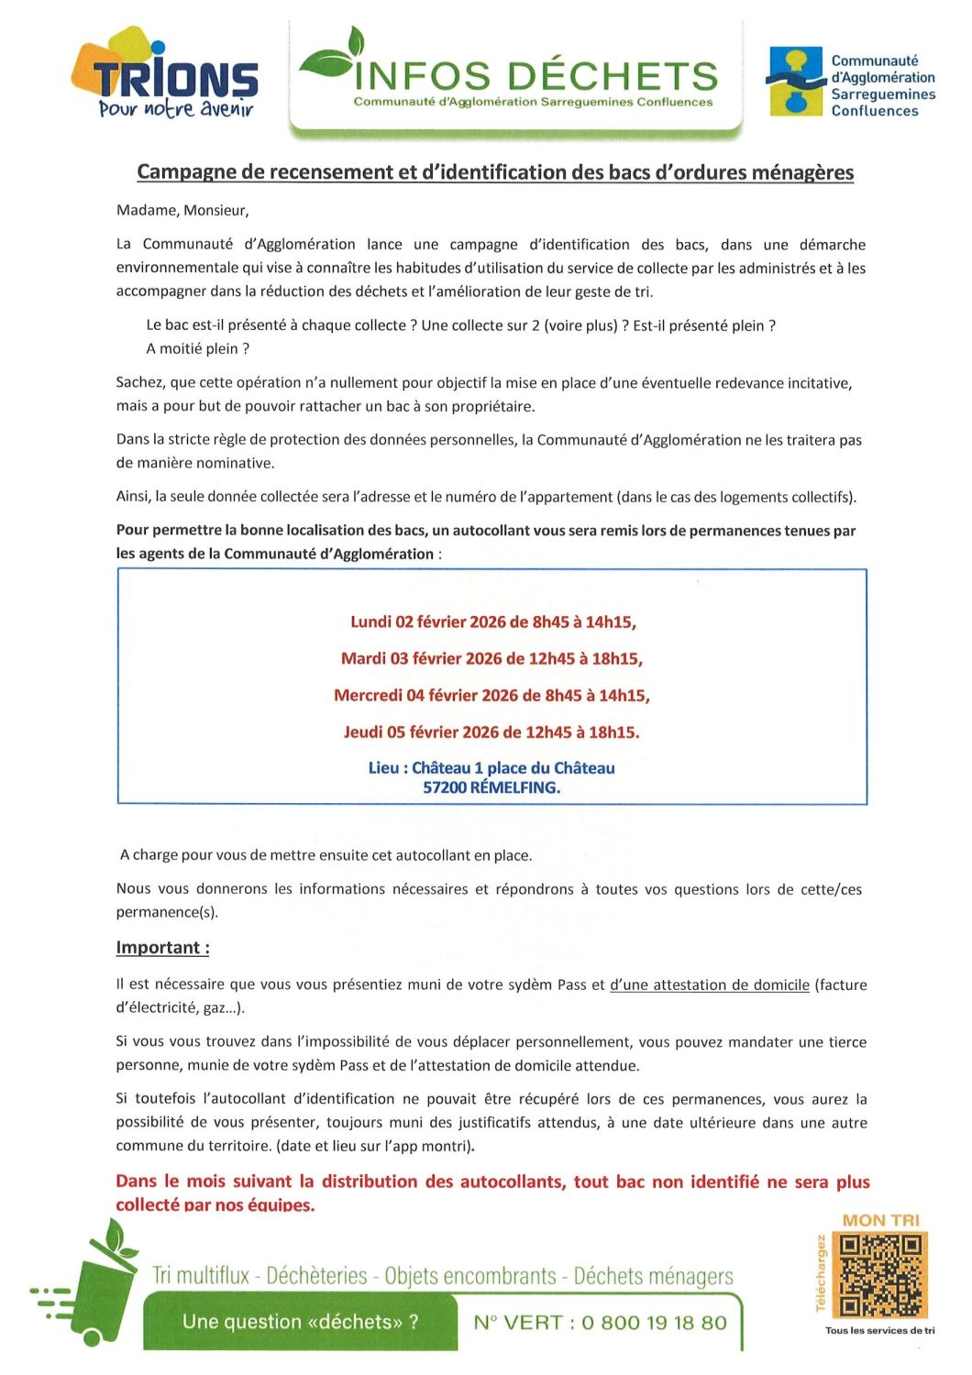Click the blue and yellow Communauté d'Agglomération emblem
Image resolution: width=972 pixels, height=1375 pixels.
click(795, 82)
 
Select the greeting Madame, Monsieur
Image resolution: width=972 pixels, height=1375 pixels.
click(182, 211)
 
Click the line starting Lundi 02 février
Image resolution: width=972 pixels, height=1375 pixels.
click(492, 622)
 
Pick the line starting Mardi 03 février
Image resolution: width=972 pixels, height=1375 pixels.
click(492, 659)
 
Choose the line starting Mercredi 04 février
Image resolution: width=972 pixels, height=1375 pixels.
click(492, 696)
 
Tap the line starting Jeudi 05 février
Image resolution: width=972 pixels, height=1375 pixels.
click(492, 732)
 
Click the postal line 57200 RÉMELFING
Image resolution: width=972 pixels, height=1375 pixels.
click(492, 787)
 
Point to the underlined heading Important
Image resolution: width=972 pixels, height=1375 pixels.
click(162, 948)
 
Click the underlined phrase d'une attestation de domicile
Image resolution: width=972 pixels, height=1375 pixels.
click(710, 985)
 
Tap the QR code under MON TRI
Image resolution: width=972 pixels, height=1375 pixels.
click(880, 1275)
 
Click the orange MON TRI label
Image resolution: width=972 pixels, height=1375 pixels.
click(880, 1221)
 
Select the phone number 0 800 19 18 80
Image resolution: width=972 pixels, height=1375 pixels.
click(654, 1323)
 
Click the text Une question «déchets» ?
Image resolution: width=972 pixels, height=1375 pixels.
click(301, 1322)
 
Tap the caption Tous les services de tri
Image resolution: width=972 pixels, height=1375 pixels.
click(879, 1331)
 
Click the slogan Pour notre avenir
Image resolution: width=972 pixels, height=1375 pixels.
click(175, 109)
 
